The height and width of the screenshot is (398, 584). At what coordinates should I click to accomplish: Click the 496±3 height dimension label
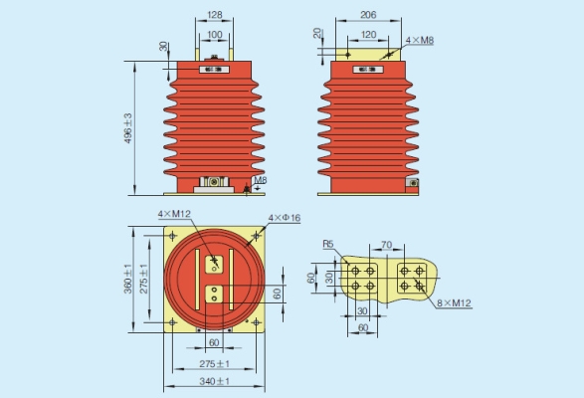127,128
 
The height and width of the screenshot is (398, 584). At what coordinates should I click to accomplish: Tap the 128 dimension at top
215,15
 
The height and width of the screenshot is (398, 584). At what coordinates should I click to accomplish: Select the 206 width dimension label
368,15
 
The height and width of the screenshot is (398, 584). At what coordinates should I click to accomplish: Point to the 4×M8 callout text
420,40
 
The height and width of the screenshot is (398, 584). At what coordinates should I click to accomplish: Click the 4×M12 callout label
174,214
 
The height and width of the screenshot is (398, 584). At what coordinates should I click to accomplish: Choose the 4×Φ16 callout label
285,218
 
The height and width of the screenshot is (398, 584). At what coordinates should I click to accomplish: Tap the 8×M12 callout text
454,302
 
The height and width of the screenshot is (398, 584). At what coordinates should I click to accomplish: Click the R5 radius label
328,244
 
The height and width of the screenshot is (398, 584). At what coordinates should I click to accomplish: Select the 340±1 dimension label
214,381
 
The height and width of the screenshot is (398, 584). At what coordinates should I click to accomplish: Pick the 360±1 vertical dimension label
127,279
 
